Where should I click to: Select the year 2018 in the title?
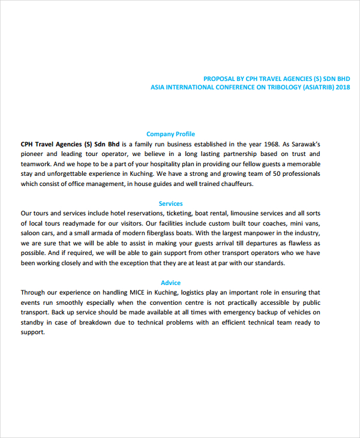343,87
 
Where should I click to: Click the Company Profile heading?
170,134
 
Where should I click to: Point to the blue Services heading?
170,203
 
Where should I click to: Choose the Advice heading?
170,283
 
